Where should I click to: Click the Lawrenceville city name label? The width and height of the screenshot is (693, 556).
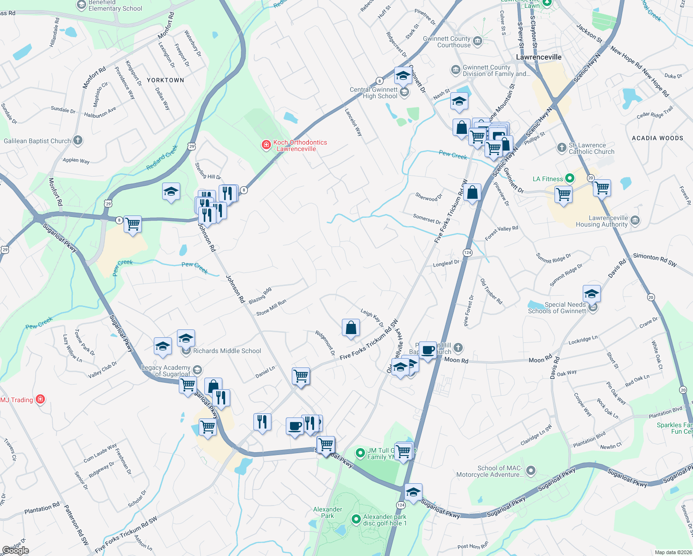click(x=539, y=57)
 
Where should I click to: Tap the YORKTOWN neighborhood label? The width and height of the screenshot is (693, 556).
click(x=165, y=80)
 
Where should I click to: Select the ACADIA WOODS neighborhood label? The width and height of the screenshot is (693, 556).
click(x=657, y=138)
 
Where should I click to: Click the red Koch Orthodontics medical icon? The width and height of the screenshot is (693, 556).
click(x=266, y=145)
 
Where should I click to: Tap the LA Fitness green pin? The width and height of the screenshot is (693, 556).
click(x=570, y=178)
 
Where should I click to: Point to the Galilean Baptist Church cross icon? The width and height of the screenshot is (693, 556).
click(x=78, y=140)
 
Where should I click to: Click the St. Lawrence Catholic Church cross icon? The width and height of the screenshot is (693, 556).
click(x=561, y=148)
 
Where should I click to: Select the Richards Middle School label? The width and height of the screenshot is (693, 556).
click(x=227, y=351)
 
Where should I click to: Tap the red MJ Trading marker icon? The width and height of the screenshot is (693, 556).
click(x=40, y=399)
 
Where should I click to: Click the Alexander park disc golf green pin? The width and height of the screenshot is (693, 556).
click(x=356, y=519)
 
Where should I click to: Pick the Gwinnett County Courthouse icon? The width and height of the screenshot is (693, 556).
click(x=478, y=42)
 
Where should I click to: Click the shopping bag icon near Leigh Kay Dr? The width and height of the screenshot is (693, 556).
click(x=351, y=328)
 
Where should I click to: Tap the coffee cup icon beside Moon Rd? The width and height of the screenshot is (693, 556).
click(x=428, y=350)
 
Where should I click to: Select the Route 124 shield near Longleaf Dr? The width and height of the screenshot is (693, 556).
click(x=467, y=253)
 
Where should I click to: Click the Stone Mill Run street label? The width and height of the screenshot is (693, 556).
click(x=271, y=308)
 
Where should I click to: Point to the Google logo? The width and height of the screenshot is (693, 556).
click(x=15, y=550)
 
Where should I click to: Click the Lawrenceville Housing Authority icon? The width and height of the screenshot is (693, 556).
click(x=635, y=221)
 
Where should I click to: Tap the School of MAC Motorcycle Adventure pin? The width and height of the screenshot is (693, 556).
click(x=531, y=471)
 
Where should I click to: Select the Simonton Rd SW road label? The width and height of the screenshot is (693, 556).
click(x=655, y=259)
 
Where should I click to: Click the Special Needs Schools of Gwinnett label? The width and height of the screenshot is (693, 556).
click(x=557, y=308)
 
